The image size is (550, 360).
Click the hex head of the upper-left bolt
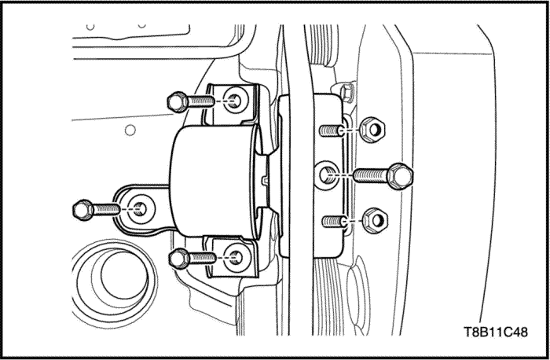[x=175, y=101]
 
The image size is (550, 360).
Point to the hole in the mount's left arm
[x=139, y=208]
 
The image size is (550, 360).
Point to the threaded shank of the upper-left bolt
[x=200, y=101]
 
